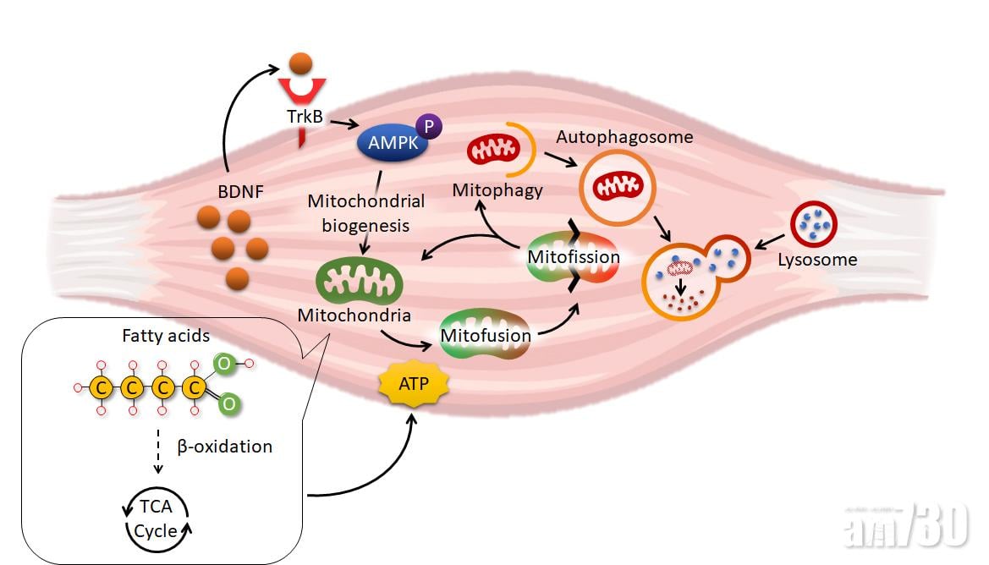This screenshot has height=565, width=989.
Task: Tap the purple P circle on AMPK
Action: pyautogui.click(x=429, y=127)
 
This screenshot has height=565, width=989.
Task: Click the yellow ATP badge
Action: pyautogui.click(x=414, y=384)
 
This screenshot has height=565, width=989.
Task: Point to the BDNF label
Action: pyautogui.click(x=240, y=192)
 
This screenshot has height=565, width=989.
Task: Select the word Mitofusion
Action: pyautogui.click(x=486, y=335)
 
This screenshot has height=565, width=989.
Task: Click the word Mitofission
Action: pyautogui.click(x=574, y=256)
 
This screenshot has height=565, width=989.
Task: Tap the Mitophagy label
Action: pyautogui.click(x=497, y=189)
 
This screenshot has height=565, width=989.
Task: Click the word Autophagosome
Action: pyautogui.click(x=624, y=136)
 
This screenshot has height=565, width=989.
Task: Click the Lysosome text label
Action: pyautogui.click(x=817, y=260)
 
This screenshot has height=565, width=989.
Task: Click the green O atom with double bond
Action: pyautogui.click(x=228, y=404)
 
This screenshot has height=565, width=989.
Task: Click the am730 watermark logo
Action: pyautogui.click(x=906, y=527)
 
